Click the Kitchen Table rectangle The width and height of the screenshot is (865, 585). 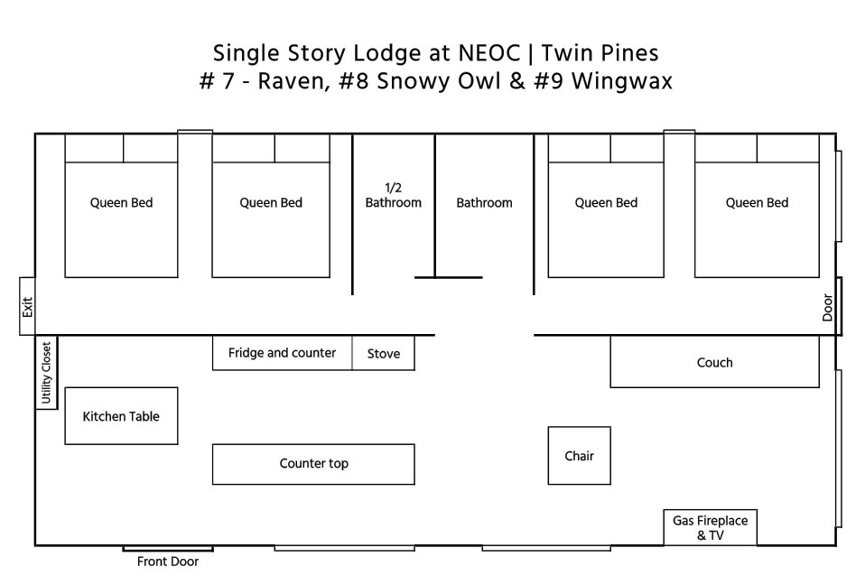pos(121,416)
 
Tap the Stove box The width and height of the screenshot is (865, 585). pos(384,353)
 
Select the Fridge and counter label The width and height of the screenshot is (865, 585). pos(282,353)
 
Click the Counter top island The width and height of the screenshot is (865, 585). pos(313,464)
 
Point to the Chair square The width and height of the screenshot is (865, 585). pos(580,455)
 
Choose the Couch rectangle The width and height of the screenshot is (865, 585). pos(714,362)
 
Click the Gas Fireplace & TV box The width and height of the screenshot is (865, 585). pos(710,527)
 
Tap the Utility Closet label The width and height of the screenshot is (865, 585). pos(46,373)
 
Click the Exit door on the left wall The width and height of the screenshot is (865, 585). pos(27,306)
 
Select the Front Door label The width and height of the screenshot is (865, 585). pos(168,562)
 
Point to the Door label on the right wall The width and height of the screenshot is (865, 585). pos(827,307)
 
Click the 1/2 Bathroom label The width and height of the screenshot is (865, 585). pos(394,196)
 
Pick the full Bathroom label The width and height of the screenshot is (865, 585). pos(484,203)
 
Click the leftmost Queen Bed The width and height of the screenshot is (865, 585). pos(121,206)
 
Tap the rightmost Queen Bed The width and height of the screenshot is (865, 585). pos(757,206)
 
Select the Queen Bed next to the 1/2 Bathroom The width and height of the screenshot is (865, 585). pos(271,206)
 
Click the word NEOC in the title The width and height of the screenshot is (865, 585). pos(489,53)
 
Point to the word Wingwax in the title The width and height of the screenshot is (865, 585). pos(622,81)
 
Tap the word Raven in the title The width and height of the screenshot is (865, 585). pos(291,82)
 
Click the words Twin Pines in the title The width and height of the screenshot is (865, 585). pos(600,53)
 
